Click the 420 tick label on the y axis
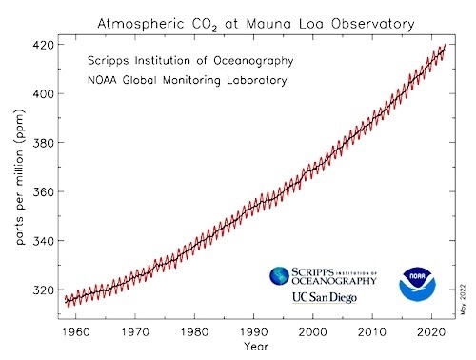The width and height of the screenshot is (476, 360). click(x=43, y=45)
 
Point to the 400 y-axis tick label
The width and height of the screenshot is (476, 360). click(x=43, y=93)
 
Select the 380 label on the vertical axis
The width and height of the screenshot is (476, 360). click(x=43, y=143)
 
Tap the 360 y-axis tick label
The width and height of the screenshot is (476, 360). click(x=43, y=191)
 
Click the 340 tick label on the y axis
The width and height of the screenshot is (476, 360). click(x=43, y=241)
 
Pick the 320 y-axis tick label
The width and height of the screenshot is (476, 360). click(x=43, y=290)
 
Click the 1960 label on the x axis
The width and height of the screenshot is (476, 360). click(x=76, y=332)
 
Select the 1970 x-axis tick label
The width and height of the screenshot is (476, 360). click(x=135, y=332)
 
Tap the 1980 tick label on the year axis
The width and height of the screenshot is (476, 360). click(x=194, y=332)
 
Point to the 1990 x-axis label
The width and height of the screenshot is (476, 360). click(x=254, y=332)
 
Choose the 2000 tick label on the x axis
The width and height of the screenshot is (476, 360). click(x=313, y=332)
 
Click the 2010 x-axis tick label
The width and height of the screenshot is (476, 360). click(x=372, y=332)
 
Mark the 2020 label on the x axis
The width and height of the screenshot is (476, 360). click(x=431, y=332)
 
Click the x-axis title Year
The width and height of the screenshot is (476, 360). click(x=256, y=346)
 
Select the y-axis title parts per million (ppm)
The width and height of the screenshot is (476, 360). click(x=20, y=177)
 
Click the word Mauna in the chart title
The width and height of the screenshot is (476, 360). click(x=268, y=24)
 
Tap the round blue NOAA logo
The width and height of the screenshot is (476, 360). click(x=417, y=284)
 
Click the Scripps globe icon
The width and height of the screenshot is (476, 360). click(x=279, y=275)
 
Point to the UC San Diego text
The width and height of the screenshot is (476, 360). click(x=325, y=298)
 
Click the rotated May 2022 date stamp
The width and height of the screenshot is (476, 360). click(x=464, y=300)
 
